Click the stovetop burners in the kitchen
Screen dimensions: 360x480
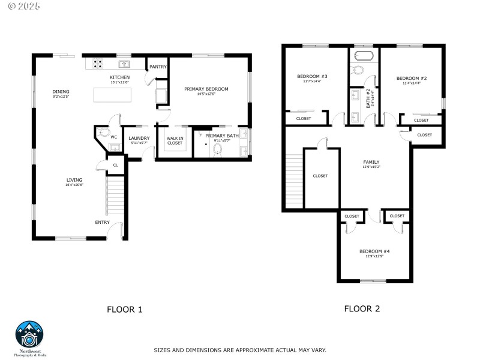pos(97,62)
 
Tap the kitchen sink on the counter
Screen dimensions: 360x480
pos(125,64)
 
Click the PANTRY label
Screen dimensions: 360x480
pos(158,67)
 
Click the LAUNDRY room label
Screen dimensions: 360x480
pos(139,137)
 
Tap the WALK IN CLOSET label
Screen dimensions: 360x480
pos(175,140)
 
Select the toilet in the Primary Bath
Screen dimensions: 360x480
pos(217,150)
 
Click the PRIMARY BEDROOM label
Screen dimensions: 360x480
pos(206,89)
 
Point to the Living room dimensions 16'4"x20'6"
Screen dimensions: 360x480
pos(74,185)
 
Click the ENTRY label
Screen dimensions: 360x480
pos(102,223)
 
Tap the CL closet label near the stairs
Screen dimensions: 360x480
pos(115,164)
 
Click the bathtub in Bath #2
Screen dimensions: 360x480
pos(364,57)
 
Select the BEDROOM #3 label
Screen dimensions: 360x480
pos(312,76)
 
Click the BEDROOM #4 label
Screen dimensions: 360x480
pos(374,251)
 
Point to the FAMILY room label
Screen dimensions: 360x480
pos(371,162)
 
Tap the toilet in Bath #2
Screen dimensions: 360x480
pos(358,71)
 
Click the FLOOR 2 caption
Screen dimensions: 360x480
pos(362,309)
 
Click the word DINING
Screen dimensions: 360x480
pos(61,91)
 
